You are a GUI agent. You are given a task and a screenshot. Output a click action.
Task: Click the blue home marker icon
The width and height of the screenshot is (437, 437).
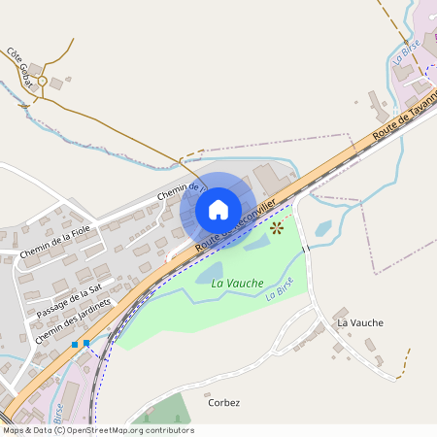pos(218,209)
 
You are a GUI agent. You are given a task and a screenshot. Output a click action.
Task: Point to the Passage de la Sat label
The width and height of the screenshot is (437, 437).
pos(69,301)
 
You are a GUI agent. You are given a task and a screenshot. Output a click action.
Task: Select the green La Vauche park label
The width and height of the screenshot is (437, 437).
pos(237,283)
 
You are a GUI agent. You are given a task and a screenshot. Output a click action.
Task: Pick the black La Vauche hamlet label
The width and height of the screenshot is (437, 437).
pos(359,322)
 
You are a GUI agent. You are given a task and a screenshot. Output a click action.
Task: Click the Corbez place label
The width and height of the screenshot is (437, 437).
pos(223,402)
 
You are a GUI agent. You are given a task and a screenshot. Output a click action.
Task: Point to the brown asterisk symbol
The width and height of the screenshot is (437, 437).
pos(277,228)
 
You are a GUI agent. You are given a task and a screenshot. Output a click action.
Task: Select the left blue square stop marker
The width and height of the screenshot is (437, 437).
pos(75,344)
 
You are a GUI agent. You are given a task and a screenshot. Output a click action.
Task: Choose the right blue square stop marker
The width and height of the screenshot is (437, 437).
pos(86,343)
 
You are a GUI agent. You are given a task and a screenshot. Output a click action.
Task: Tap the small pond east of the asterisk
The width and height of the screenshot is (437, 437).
pos(323,228)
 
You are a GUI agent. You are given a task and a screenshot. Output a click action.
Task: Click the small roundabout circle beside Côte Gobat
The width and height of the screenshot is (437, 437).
pos(42,81)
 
